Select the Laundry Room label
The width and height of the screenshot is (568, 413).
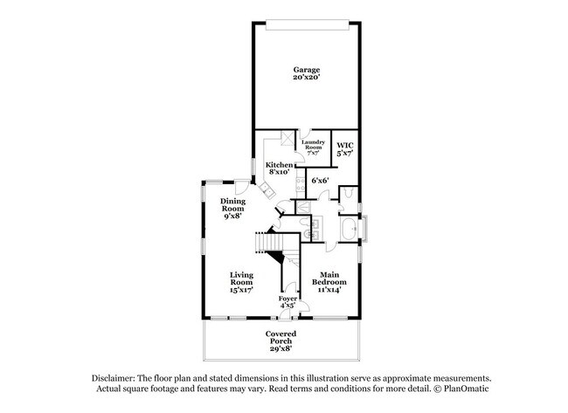[x=313, y=144]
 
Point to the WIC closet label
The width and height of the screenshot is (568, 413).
[x=345, y=145]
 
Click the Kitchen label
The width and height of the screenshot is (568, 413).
[x=280, y=164]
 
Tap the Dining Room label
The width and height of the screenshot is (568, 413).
[x=232, y=205]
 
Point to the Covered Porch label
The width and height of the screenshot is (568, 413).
[x=281, y=334]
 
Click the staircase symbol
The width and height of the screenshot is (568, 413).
[x=272, y=249]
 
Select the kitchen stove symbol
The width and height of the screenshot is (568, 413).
[x=299, y=182]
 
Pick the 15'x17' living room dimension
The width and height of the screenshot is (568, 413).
[x=241, y=291]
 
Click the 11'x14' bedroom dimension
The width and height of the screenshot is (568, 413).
[x=329, y=291]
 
